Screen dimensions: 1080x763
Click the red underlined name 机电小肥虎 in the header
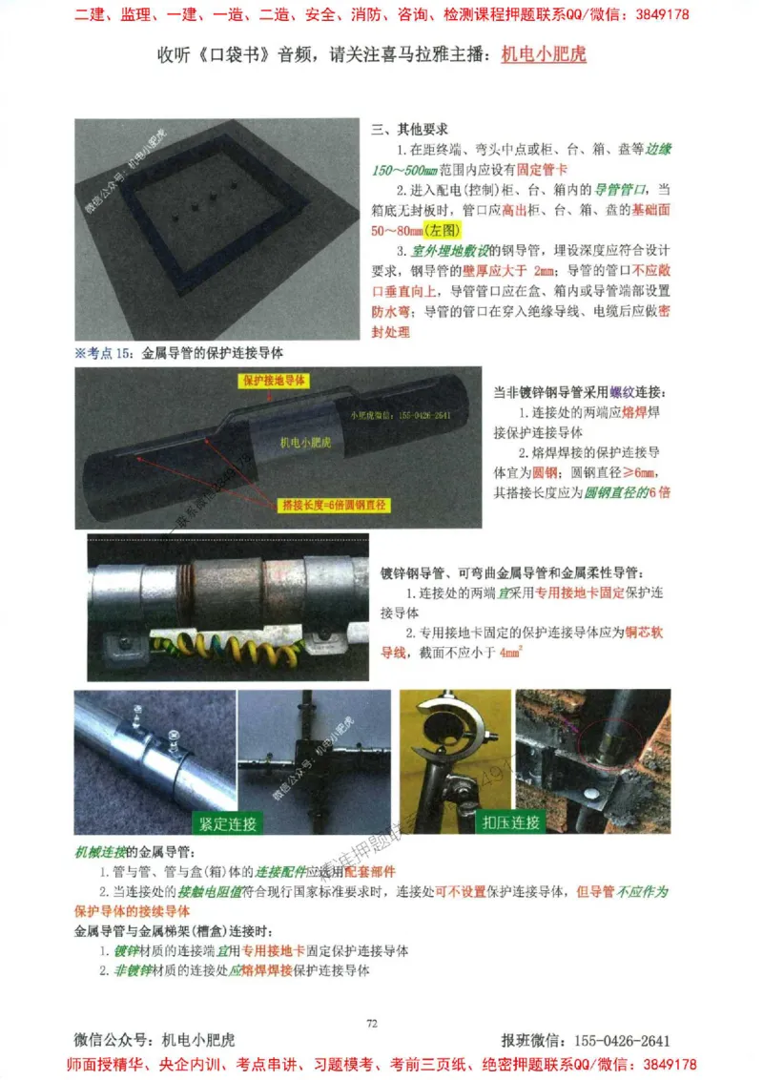coord(544,54)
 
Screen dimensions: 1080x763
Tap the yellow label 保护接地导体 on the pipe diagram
coord(275,380)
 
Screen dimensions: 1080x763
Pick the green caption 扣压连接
coord(510,822)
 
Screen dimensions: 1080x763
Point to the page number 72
coord(373,1024)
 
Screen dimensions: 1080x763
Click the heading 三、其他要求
coord(410,129)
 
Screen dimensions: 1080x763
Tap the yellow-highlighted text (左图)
coord(443,231)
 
